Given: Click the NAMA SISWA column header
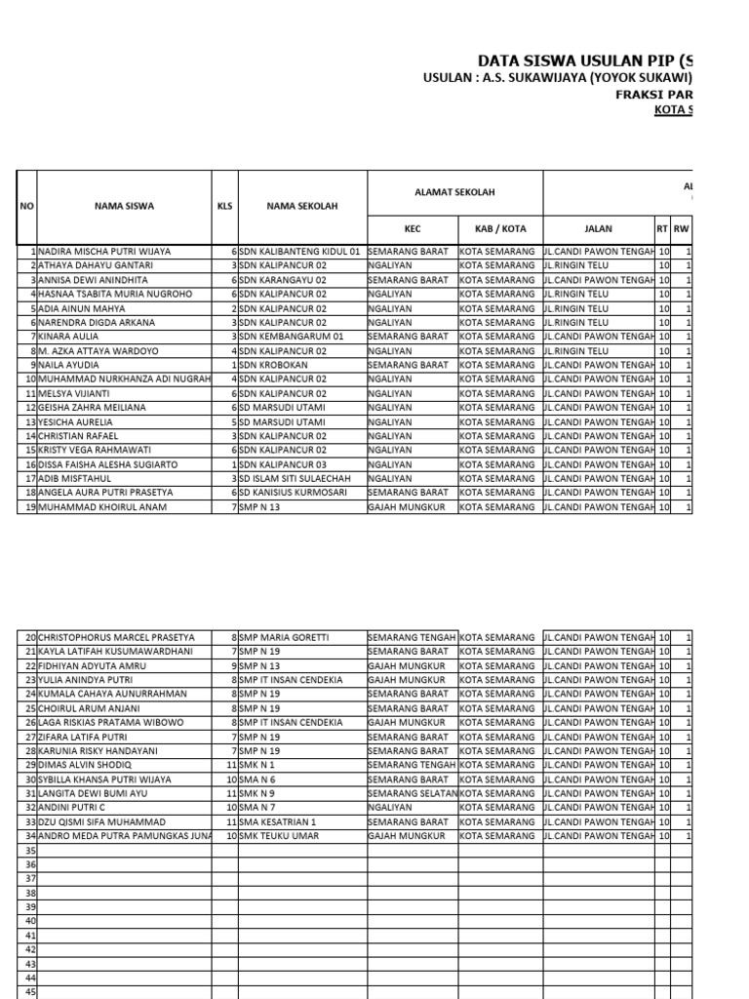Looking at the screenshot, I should [124, 207].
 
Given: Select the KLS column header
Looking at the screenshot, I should [224, 207].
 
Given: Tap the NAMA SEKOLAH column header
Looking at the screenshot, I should [302, 207].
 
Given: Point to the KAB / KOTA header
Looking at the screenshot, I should [500, 228].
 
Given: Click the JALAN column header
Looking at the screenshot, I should [598, 228].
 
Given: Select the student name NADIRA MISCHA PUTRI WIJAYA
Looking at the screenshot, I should [104, 252].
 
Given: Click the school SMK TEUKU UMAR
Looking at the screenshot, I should [279, 836].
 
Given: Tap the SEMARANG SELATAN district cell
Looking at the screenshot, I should [413, 794].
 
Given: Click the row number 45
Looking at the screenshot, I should [29, 992].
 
